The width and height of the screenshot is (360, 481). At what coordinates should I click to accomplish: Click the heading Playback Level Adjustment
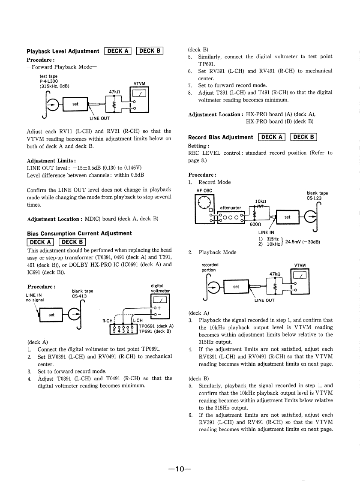(63, 51)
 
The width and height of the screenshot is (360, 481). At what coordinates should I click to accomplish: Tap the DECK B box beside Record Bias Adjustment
(303, 137)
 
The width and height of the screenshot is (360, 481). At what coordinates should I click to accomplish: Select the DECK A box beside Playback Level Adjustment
(118, 51)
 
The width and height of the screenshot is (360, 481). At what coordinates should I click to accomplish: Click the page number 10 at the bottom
(180, 457)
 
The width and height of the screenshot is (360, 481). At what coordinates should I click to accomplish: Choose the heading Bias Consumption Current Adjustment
(79, 233)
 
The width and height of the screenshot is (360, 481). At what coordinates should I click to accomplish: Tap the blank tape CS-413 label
(83, 293)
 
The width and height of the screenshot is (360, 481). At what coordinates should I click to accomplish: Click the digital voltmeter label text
(160, 288)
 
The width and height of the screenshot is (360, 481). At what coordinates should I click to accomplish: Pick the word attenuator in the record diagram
(231, 208)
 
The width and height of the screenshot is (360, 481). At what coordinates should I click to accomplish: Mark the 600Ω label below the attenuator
(255, 228)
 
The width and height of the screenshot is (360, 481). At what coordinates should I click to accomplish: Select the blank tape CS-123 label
(317, 195)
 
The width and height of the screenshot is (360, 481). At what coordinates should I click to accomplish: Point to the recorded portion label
(210, 268)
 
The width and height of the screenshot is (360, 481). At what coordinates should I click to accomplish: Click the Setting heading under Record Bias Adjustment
(198, 146)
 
